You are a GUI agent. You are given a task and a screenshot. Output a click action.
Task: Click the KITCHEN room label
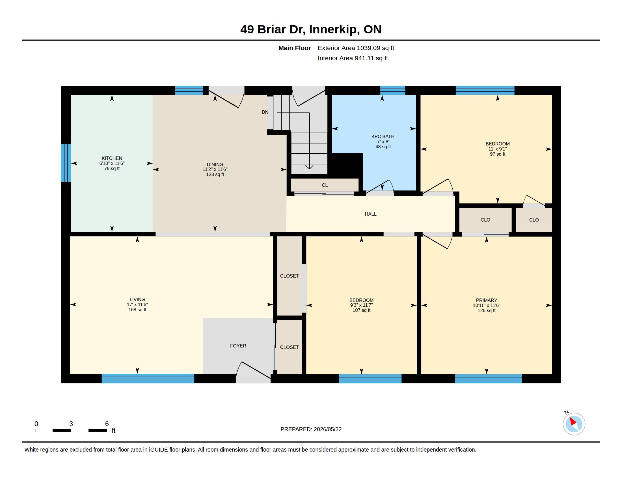[112, 158]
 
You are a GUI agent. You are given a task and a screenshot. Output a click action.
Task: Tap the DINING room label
[215, 164]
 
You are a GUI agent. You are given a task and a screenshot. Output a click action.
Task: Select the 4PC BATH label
[383, 136]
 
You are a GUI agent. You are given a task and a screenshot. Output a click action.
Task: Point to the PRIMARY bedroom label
[487, 300]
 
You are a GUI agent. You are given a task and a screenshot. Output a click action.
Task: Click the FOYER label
[238, 346]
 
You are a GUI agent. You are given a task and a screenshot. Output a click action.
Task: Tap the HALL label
[371, 214]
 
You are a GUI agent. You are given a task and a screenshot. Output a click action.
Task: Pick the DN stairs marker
[265, 112]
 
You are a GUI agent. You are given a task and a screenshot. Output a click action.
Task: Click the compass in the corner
[574, 424]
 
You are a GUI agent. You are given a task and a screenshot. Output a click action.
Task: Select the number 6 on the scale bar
[107, 424]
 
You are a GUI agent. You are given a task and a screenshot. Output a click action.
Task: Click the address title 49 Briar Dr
[273, 29]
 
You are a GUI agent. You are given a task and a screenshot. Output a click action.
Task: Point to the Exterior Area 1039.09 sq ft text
[356, 48]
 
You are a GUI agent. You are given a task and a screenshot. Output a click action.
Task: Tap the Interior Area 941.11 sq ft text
[353, 58]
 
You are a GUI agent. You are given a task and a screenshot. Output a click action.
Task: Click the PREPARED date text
[311, 429]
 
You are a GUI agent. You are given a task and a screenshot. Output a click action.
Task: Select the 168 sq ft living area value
[137, 310]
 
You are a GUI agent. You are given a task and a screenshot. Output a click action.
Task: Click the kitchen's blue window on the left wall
[66, 163]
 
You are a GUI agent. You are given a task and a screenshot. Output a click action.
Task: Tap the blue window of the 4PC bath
[392, 90]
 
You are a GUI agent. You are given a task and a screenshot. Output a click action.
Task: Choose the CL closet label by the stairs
[325, 185]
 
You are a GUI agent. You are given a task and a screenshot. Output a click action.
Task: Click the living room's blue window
[148, 378]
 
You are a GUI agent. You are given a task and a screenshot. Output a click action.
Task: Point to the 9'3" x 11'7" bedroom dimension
[361, 305]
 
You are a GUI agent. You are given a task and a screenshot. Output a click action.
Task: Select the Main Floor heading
[295, 48]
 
